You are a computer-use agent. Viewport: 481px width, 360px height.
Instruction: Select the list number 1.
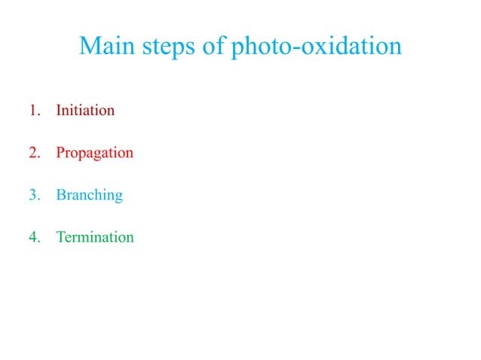(33, 111)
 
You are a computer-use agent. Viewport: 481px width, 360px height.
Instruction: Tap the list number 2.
(33, 153)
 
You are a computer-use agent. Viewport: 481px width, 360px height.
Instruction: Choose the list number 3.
(33, 195)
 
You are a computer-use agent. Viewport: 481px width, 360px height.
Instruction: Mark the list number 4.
(33, 237)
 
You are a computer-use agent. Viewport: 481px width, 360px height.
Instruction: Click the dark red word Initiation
(85, 111)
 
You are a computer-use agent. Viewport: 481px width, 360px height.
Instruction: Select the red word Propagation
(94, 154)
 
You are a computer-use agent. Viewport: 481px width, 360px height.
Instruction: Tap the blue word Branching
(89, 196)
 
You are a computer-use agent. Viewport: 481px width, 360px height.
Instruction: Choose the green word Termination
(95, 237)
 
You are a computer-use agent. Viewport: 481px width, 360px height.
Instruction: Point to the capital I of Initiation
(59, 111)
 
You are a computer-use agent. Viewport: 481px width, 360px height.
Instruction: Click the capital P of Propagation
(60, 153)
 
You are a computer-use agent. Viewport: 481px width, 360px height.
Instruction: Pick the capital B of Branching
(60, 195)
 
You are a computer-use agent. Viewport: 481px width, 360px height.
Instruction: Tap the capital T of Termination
(60, 237)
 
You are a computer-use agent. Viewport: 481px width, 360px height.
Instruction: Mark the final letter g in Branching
(118, 198)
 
